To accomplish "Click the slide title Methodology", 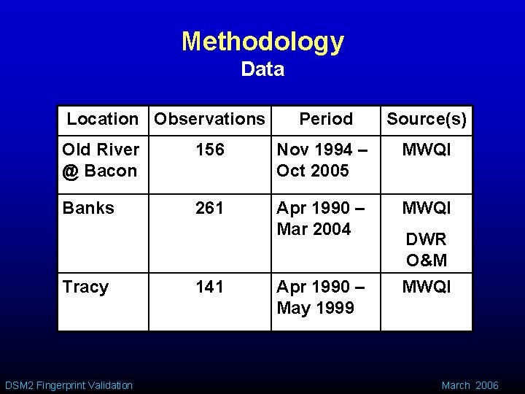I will [x=262, y=42].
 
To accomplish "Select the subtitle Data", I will [x=262, y=70].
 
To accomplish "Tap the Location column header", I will [x=102, y=118].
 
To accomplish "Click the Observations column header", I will [x=210, y=118].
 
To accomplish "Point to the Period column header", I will [x=326, y=118].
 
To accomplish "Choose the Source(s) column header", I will [x=427, y=118].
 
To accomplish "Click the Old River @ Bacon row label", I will [x=101, y=161].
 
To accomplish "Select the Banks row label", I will [x=88, y=208].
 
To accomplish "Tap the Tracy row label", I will [x=85, y=287].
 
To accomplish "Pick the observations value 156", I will [x=209, y=150].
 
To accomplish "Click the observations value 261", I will [x=209, y=208].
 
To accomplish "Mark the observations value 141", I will [x=209, y=287].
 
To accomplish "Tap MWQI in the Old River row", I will [x=427, y=150].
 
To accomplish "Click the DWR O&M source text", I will [x=427, y=250].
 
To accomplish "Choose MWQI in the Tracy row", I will [x=427, y=287].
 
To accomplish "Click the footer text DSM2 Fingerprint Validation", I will [x=69, y=385].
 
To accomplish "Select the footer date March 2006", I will [x=470, y=385].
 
